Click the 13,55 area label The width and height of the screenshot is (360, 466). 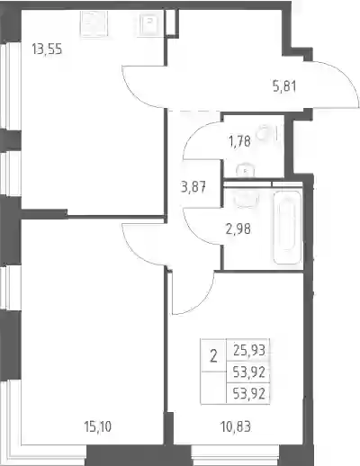47,49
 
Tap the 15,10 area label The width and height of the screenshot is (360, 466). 98,426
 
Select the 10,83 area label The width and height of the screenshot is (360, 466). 236,426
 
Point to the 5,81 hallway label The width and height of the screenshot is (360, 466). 284,87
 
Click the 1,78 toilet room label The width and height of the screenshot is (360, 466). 239,141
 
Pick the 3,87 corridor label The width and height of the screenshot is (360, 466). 193,188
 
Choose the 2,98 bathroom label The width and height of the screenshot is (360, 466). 238,229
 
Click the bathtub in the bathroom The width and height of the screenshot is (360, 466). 287,228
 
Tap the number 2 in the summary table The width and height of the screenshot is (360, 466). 213,357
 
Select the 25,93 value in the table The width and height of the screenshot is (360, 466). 249,350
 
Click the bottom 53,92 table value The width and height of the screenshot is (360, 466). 249,393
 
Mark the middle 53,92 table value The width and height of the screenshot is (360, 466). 249,372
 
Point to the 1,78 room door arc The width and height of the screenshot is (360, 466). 192,132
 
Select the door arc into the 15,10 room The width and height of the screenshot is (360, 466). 133,254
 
